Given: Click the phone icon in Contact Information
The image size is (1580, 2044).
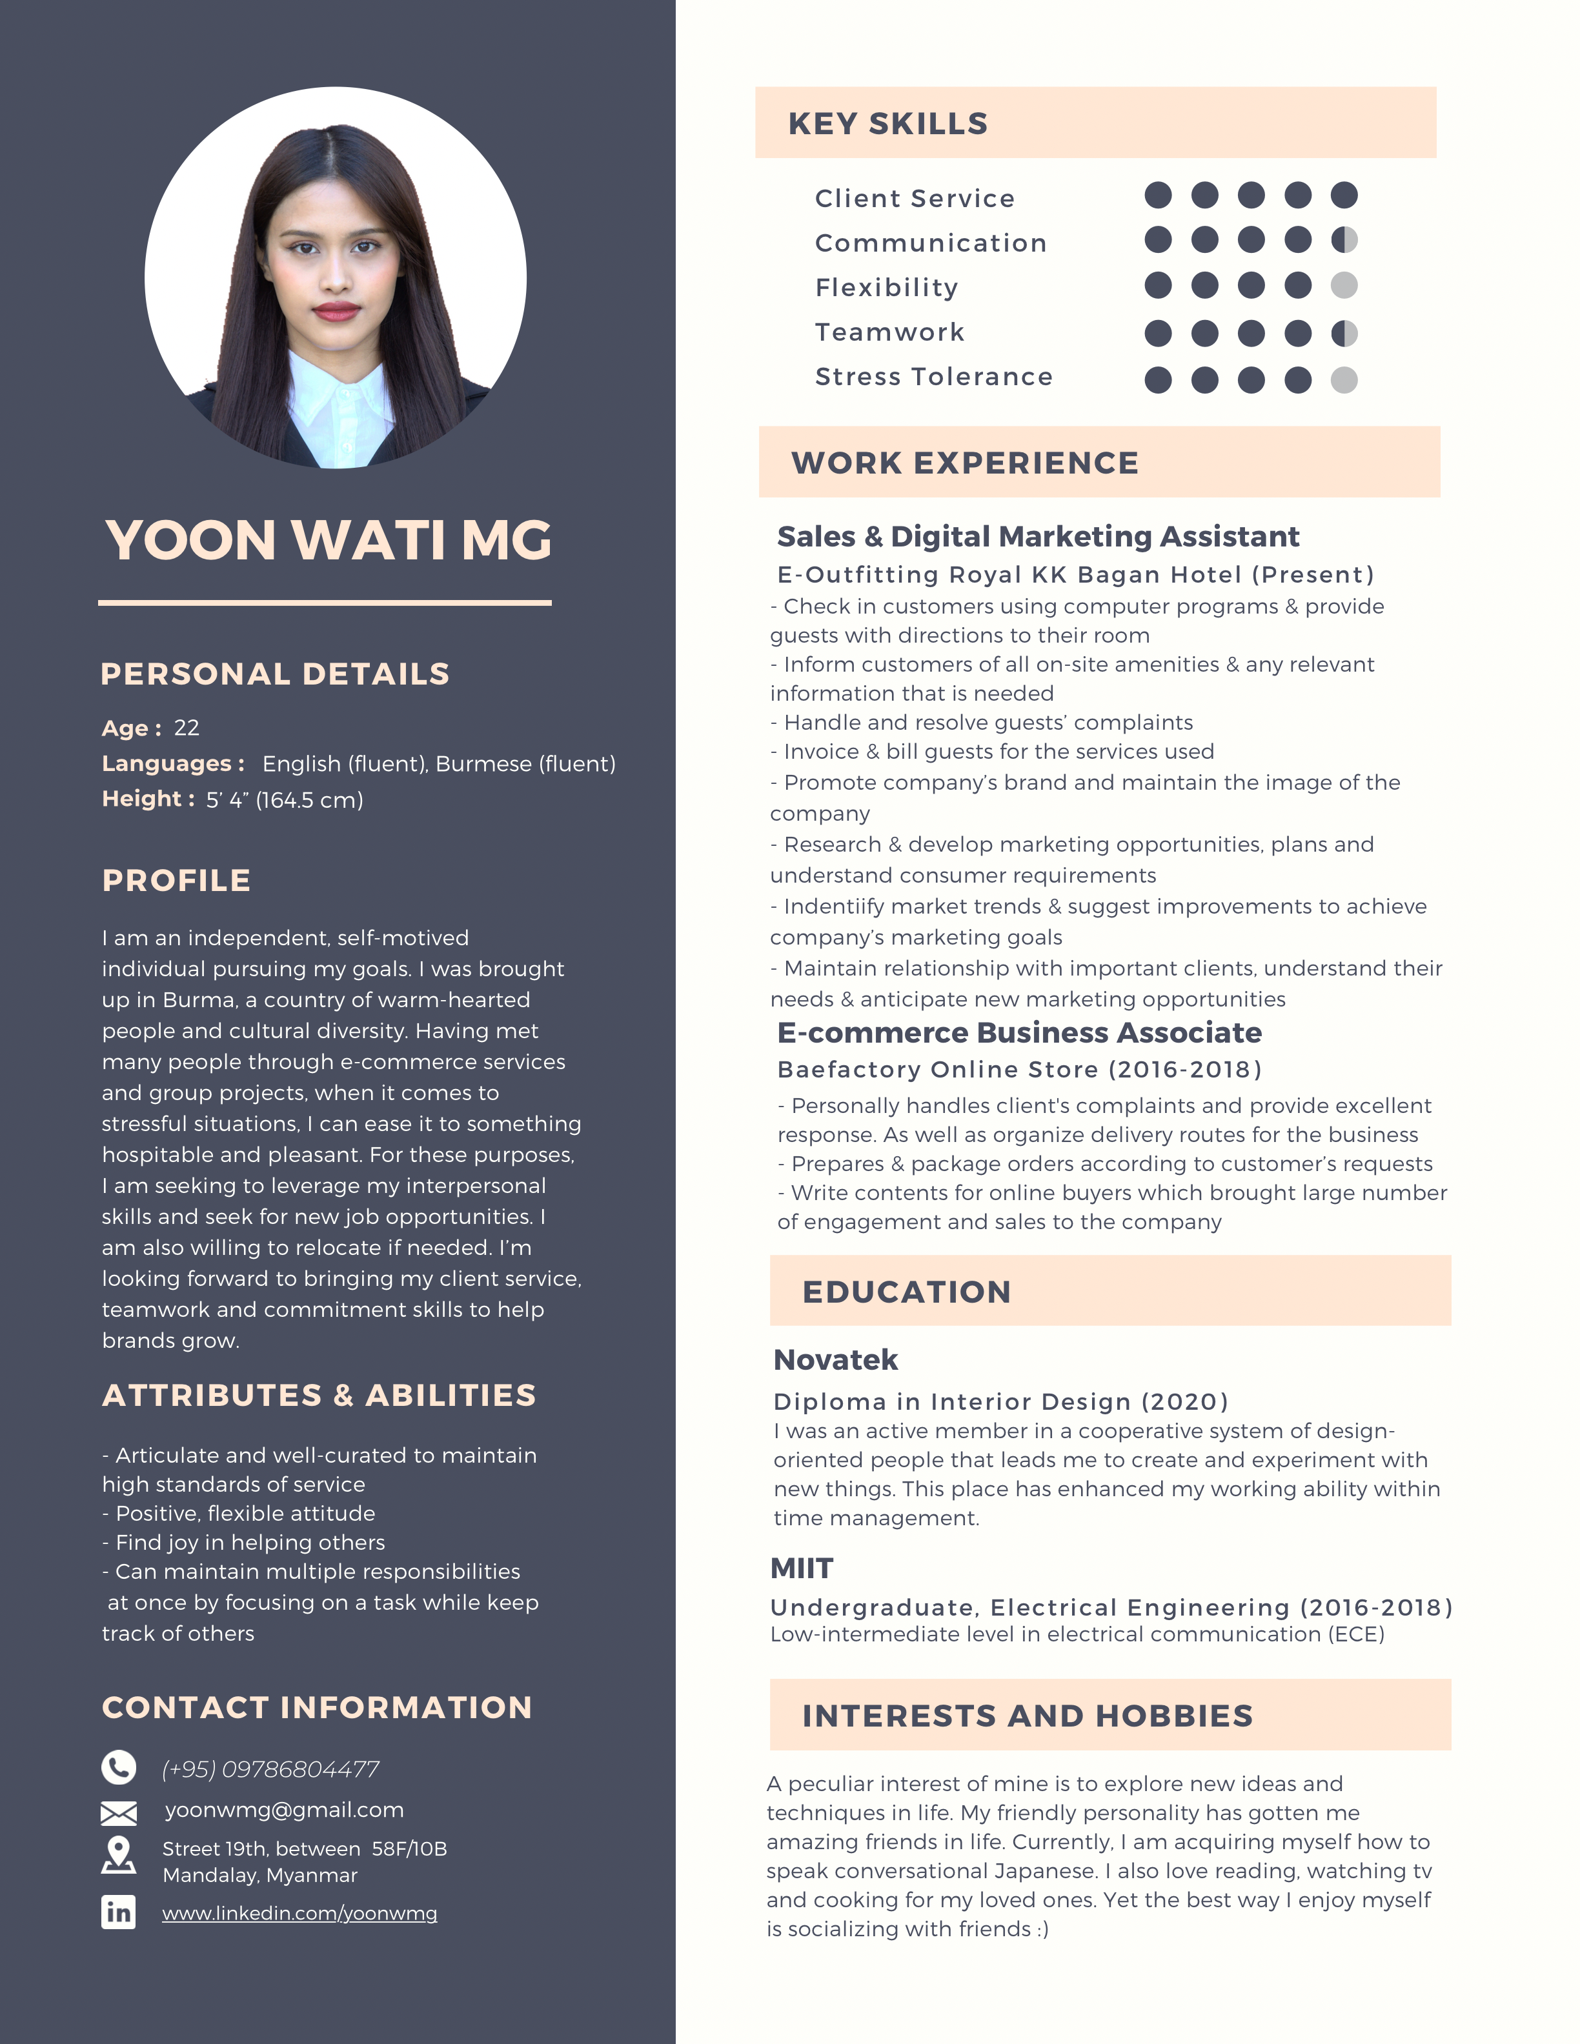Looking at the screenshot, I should pyautogui.click(x=119, y=1767).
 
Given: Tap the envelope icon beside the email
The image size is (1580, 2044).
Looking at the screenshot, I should pyautogui.click(x=119, y=1813).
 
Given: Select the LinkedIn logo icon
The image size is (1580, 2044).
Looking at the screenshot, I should pyautogui.click(x=119, y=1911).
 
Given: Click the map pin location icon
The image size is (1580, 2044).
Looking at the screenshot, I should pyautogui.click(x=119, y=1854).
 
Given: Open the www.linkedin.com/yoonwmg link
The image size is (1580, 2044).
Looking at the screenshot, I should pyautogui.click(x=299, y=1913).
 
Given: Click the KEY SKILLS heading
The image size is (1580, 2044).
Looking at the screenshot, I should pyautogui.click(x=887, y=123).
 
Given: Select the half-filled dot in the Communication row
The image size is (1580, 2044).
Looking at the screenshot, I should pyautogui.click(x=1344, y=241).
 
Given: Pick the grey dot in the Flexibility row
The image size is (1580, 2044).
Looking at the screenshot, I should pyautogui.click(x=1344, y=285).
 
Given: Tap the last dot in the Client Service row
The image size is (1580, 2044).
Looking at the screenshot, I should pyautogui.click(x=1344, y=195).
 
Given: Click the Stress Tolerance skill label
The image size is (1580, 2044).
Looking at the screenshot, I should pyautogui.click(x=933, y=376).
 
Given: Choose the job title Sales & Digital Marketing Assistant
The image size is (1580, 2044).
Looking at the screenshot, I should pyautogui.click(x=1037, y=536).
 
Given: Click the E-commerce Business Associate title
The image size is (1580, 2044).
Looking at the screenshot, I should pyautogui.click(x=1019, y=1032).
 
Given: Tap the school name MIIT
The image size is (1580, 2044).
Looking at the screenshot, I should pyautogui.click(x=801, y=1568).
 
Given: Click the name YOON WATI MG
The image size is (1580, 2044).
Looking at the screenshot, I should pyautogui.click(x=329, y=540).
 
